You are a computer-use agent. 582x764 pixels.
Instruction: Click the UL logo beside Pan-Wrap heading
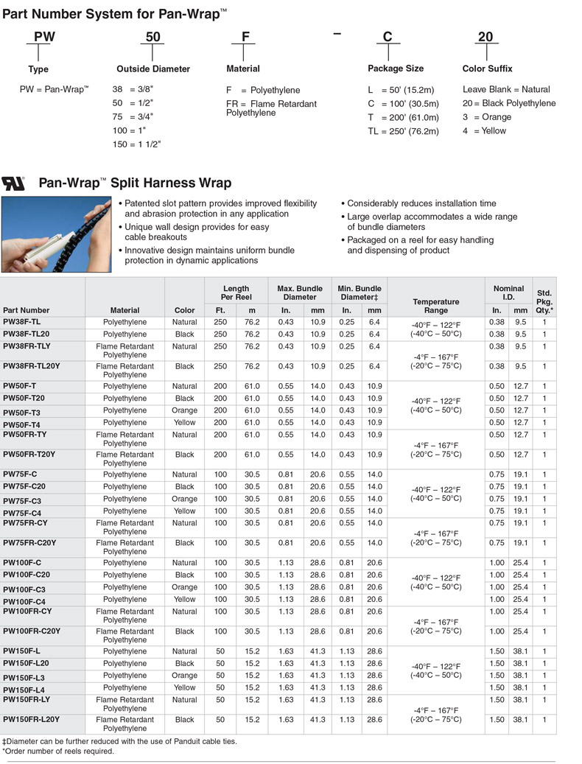click(x=13, y=182)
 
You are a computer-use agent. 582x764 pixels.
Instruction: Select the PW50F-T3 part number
click(x=21, y=413)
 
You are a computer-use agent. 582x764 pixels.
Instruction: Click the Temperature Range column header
click(x=435, y=306)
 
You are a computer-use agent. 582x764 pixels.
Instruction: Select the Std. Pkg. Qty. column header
click(x=544, y=301)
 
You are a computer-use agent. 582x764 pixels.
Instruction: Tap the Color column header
click(x=184, y=310)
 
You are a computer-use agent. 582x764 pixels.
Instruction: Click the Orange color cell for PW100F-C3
click(x=184, y=587)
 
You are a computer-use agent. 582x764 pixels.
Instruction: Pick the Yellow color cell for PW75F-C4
click(x=184, y=511)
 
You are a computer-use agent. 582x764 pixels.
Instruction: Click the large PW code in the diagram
click(x=44, y=36)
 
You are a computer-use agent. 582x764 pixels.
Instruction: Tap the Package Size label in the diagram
click(x=396, y=69)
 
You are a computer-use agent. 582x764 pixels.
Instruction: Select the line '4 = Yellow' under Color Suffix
click(x=484, y=130)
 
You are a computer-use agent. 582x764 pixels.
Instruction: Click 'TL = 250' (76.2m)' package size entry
click(x=403, y=131)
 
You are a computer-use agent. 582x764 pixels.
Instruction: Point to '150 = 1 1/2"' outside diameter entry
click(x=136, y=144)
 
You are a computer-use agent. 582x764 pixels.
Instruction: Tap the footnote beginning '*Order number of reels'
click(x=58, y=751)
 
